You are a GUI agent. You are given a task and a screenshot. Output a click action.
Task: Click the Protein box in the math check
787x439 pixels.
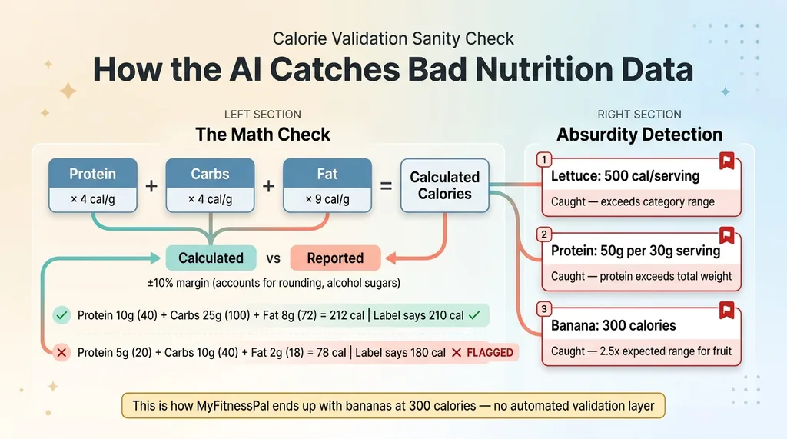point(92,186)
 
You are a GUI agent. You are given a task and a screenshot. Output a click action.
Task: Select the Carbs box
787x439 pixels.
point(210,186)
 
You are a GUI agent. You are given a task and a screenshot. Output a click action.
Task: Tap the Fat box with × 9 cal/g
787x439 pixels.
point(327,186)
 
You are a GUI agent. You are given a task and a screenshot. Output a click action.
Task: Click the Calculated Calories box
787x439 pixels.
point(444,186)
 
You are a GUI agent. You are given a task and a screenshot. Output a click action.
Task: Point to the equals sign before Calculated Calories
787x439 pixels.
point(386,186)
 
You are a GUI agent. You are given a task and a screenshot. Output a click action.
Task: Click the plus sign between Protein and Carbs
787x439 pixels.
point(151,186)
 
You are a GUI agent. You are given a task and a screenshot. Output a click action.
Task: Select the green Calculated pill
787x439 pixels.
point(211,258)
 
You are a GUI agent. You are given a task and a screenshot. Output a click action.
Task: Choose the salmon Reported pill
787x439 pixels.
point(335,258)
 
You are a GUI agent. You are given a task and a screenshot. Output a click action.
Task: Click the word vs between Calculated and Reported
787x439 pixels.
point(273,258)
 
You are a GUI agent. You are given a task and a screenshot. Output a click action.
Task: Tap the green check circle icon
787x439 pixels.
point(61,315)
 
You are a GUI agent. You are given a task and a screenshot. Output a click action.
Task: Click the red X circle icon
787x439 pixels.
point(61,353)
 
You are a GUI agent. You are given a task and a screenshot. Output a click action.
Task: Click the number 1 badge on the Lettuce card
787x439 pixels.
point(543,159)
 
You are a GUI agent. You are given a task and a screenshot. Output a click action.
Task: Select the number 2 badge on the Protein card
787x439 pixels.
point(543,234)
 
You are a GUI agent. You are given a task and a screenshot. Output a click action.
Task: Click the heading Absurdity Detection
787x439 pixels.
point(639,135)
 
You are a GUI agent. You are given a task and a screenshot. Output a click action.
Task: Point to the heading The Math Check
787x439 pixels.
point(263,135)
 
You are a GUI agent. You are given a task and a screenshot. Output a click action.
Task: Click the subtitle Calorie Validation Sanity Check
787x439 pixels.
point(393,38)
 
